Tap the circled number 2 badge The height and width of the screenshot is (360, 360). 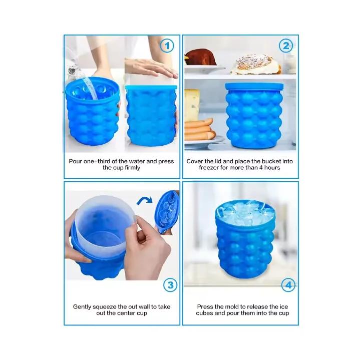286,46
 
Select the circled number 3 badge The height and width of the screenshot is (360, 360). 171,285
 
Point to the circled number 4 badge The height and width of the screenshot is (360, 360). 287,285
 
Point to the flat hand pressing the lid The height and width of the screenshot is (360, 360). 150,68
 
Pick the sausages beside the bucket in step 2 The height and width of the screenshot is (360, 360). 199,129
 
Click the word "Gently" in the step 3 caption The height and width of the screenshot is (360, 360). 84,306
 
